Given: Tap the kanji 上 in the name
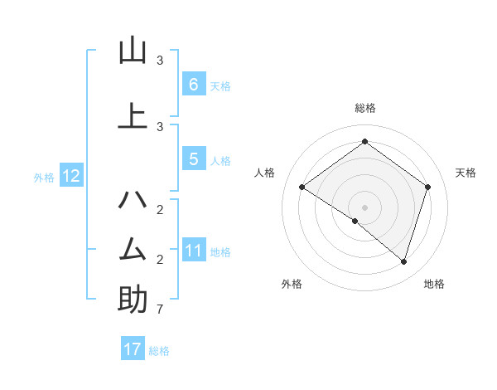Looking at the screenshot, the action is click(133, 115).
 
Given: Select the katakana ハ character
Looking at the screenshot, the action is click(133, 200).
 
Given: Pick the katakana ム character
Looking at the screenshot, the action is click(133, 249).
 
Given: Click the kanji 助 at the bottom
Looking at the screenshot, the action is click(133, 300).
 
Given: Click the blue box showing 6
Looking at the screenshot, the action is click(193, 84).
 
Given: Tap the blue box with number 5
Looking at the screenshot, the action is click(193, 160).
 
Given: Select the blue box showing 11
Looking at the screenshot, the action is click(193, 250).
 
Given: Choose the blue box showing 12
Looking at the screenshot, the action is click(70, 176).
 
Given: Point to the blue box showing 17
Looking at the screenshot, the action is click(133, 349).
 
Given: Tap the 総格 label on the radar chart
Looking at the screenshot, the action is click(364, 108).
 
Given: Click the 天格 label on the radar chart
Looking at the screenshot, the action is click(466, 173).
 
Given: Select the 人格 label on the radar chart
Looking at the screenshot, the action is click(265, 173).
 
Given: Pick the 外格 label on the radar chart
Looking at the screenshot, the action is click(292, 284).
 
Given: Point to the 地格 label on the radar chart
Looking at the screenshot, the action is click(434, 284).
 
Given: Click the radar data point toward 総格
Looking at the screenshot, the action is click(364, 142).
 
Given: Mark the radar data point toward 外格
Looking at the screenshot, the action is click(355, 221).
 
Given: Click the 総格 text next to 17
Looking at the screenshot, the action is click(160, 351).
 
